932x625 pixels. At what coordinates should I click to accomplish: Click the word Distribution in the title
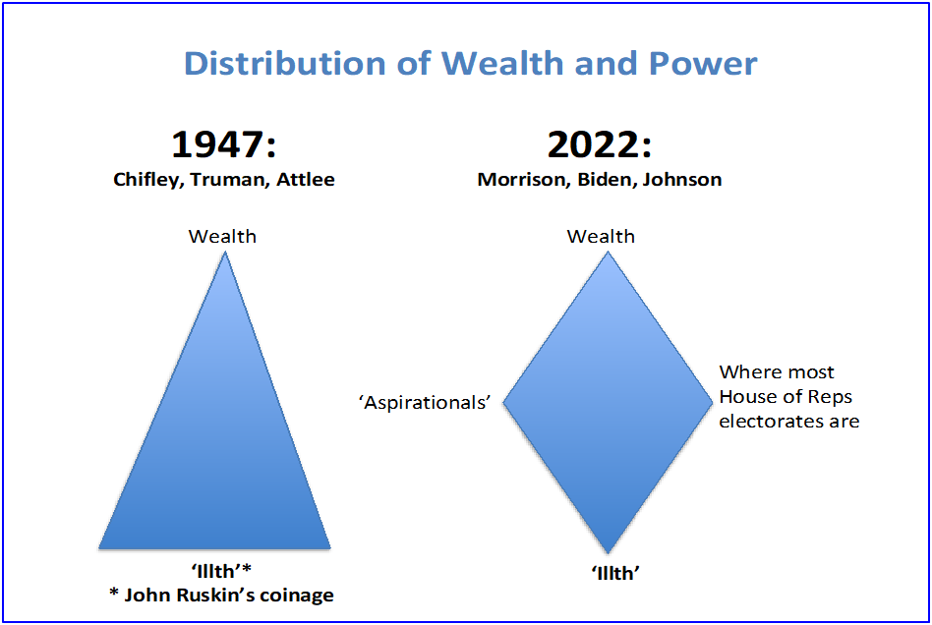pos(285,63)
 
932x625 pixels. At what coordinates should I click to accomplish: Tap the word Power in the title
pos(703,63)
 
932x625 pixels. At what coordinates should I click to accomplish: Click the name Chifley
pos(148,180)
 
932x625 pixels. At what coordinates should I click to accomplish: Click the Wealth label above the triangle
pos(222,237)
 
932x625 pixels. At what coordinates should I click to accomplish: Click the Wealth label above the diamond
pos(601,237)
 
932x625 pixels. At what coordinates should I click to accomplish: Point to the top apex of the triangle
pos(225,253)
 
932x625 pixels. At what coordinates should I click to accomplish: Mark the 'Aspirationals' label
pos(425,403)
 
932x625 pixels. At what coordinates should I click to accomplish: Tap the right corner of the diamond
pos(712,402)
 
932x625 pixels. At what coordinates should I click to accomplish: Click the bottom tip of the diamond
pos(608,552)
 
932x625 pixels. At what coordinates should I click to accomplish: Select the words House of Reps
pos(786,397)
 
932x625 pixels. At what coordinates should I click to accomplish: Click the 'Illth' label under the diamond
pos(615,573)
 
